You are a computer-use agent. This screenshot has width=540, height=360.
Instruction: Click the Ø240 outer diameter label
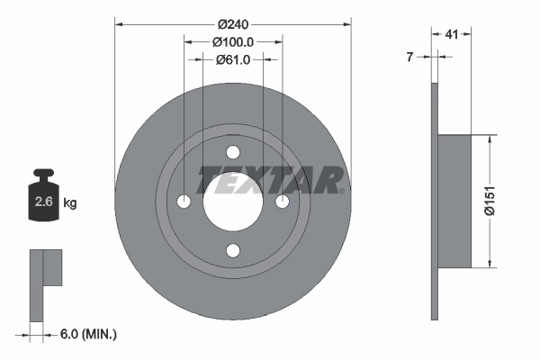[x=232, y=24]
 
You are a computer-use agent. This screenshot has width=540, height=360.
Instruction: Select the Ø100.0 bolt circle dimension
[x=232, y=42]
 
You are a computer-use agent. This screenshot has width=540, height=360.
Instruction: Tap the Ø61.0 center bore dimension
[x=232, y=60]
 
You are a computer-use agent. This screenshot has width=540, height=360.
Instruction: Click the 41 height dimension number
[x=453, y=34]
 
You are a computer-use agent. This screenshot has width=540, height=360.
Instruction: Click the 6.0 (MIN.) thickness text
[x=88, y=334]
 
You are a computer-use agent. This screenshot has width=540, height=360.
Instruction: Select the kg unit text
[x=69, y=203]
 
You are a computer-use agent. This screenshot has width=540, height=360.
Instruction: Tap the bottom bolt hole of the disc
[x=233, y=249]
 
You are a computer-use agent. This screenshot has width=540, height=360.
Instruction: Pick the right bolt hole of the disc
[x=282, y=201]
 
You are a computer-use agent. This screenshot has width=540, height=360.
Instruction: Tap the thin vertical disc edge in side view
[x=434, y=201]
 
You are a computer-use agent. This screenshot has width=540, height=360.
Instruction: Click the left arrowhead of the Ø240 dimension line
[x=119, y=24]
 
